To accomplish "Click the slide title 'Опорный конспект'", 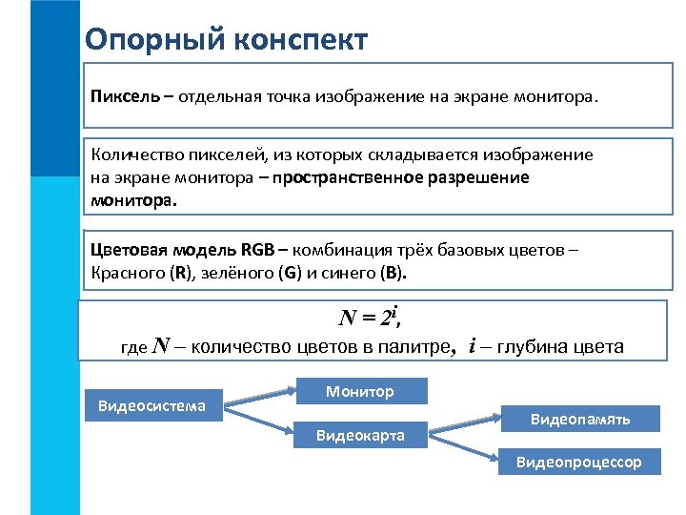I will pyautogui.click(x=226, y=40).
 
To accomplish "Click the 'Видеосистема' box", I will pyautogui.click(x=151, y=406).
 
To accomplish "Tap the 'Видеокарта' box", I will pyautogui.click(x=360, y=436).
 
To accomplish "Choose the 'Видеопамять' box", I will pyautogui.click(x=579, y=419).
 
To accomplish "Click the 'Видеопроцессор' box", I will pyautogui.click(x=579, y=463).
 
